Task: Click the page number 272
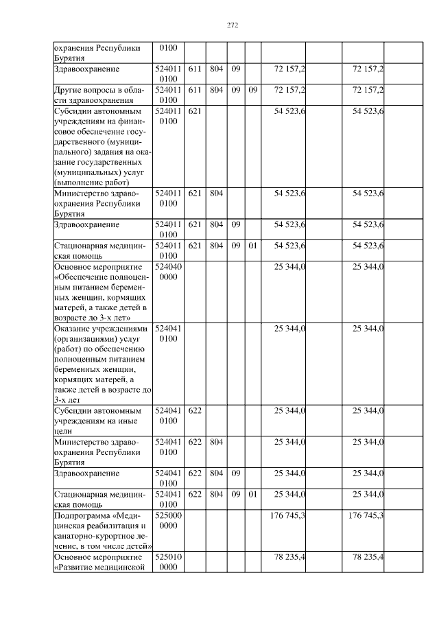pos(232,26)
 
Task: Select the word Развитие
pos(78,567)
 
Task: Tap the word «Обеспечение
pos(87,276)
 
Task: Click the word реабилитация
pos(108,524)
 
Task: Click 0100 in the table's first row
pos(168,49)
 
